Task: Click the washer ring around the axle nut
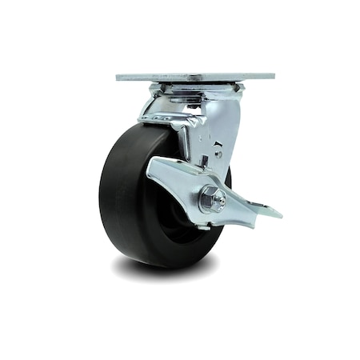pyautogui.click(x=205, y=202)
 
